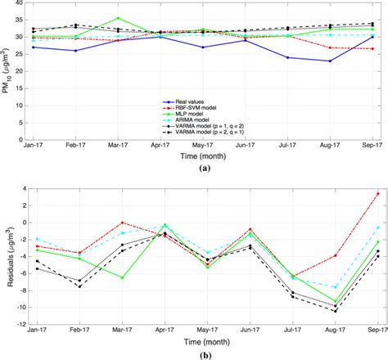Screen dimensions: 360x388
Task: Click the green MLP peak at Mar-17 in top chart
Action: click(118, 18)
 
